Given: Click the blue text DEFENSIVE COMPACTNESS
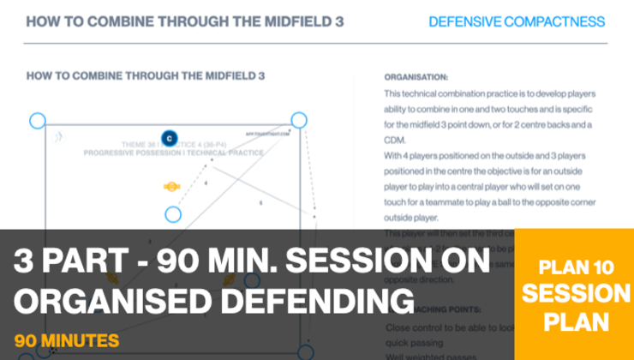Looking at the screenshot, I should (516, 21).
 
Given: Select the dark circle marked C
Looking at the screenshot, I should (169, 137).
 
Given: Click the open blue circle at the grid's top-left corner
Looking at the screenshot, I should (37, 121).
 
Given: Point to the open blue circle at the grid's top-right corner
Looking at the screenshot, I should (298, 120).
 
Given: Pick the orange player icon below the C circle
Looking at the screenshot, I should (171, 185).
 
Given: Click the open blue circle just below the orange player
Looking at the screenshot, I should (173, 214).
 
